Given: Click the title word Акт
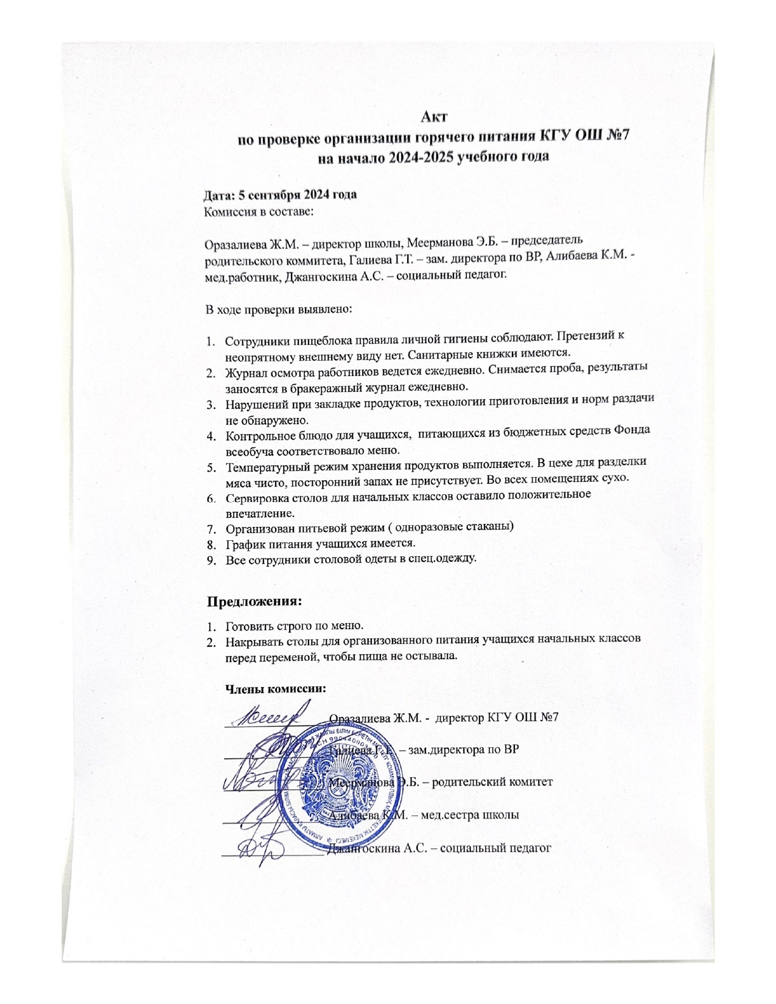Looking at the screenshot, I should pos(436,114).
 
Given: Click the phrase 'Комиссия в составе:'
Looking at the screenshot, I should pos(258,212).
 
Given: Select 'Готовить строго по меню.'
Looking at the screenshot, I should pos(295,626).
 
